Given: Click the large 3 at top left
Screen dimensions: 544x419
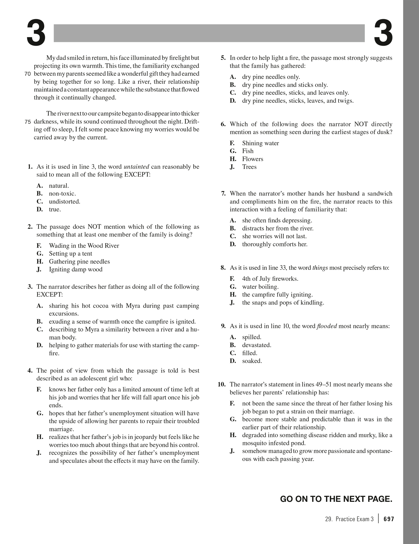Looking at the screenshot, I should (x=36, y=33).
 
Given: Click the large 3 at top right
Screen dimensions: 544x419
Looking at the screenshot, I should (x=383, y=33).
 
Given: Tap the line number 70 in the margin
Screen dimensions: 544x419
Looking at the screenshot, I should (x=28, y=74).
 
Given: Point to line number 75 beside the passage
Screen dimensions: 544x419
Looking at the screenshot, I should (x=28, y=122).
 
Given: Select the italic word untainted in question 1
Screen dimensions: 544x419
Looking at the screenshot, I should (x=136, y=167).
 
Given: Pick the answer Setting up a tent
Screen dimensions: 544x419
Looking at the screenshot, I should (x=71, y=254).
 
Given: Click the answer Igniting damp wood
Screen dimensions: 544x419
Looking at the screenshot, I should (x=76, y=270).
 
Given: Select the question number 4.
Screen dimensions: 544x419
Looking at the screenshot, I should (x=30, y=371).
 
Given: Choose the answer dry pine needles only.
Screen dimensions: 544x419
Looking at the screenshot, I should (x=271, y=77).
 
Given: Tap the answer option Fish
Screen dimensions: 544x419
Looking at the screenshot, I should (x=248, y=151).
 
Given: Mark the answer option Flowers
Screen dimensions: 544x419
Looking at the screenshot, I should (x=252, y=159).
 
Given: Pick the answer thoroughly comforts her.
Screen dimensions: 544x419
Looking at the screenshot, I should (x=275, y=244).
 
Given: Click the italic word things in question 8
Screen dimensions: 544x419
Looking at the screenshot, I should (x=320, y=268).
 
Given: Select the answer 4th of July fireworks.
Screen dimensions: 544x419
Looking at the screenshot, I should (x=270, y=279).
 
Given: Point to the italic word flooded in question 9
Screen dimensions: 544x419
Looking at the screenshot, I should (x=327, y=326).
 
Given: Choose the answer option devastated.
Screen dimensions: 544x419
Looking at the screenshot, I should (x=257, y=345).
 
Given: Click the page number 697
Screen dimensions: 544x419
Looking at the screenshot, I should (x=389, y=519).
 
